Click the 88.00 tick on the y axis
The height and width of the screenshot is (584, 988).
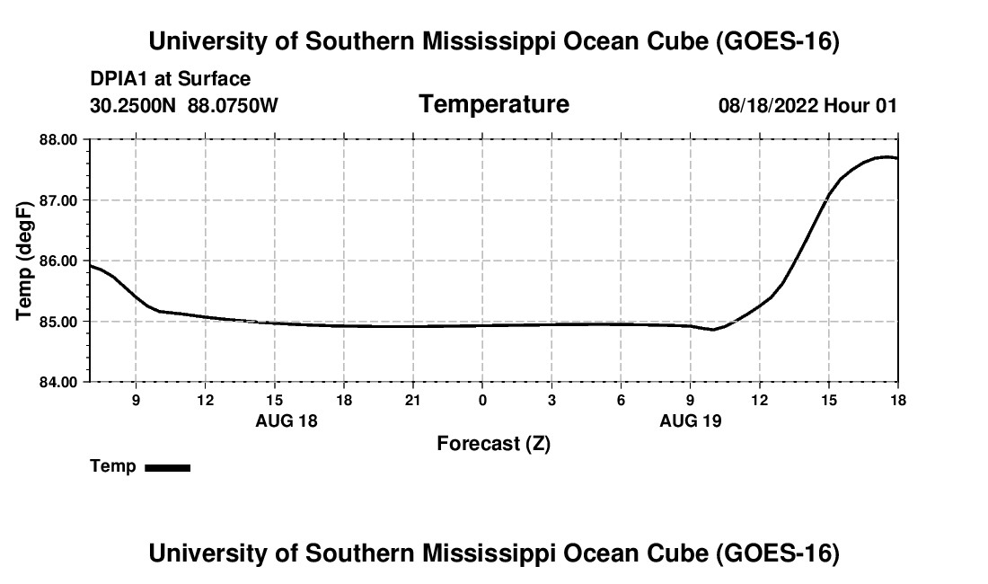(x=58, y=140)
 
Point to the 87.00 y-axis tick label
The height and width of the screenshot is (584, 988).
(x=58, y=200)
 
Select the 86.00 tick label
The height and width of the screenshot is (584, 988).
(x=58, y=261)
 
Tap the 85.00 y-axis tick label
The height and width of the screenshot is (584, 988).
(x=58, y=322)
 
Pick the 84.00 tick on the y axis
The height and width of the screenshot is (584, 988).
(x=58, y=382)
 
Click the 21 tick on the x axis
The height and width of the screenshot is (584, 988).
(x=413, y=400)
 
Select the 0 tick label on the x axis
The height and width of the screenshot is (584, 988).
(x=482, y=400)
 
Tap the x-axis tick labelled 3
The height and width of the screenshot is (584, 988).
(x=551, y=400)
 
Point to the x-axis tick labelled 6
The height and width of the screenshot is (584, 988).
(x=621, y=400)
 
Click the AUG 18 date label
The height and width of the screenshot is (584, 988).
(x=287, y=420)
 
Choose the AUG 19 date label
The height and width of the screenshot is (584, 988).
(x=691, y=420)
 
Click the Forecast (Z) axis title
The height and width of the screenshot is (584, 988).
(x=494, y=444)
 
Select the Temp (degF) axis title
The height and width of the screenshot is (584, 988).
(x=24, y=261)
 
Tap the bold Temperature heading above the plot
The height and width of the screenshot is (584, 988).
(x=494, y=104)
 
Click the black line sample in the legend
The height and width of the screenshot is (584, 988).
(x=168, y=467)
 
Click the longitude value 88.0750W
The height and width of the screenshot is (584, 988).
(x=233, y=105)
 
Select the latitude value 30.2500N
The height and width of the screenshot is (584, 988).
(x=133, y=105)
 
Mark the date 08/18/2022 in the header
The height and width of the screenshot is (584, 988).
(x=768, y=105)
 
